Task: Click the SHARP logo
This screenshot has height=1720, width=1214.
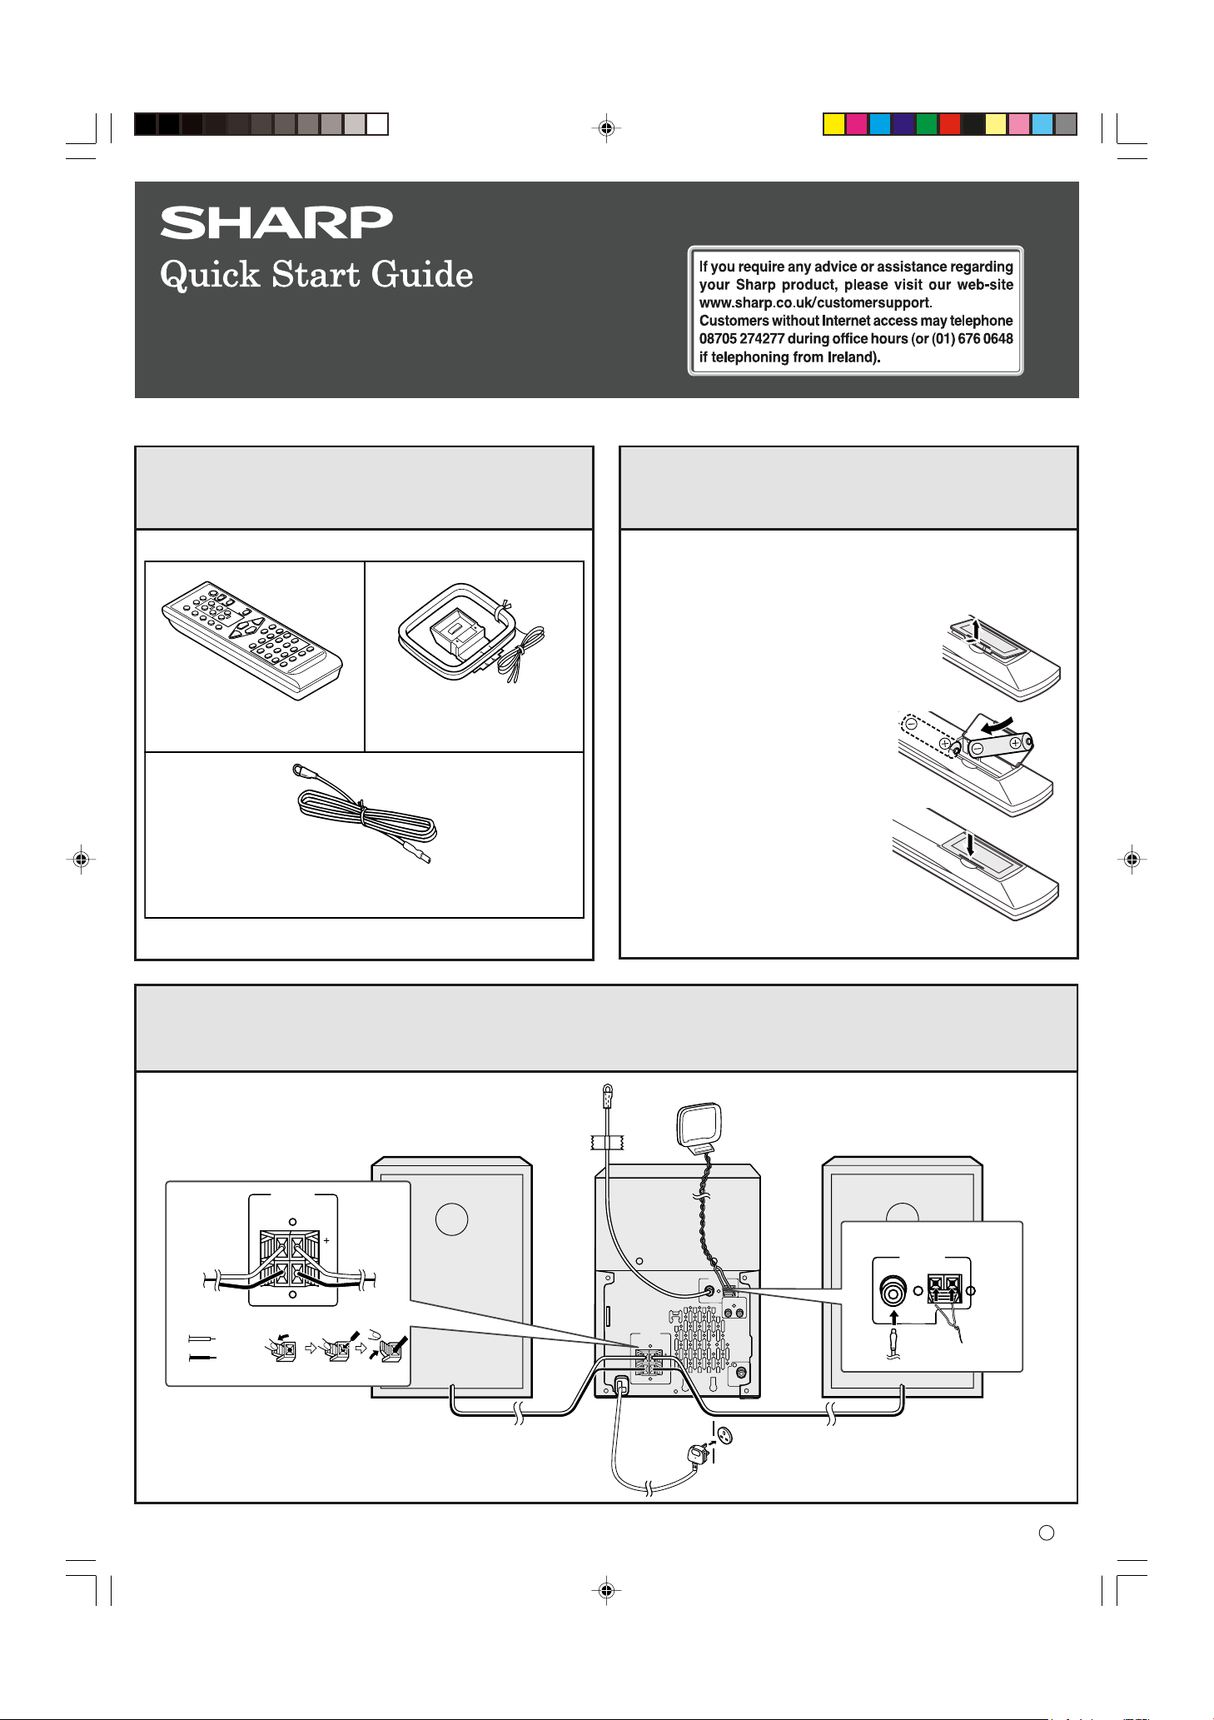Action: point(276,223)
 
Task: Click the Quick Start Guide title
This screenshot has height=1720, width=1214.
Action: point(316,275)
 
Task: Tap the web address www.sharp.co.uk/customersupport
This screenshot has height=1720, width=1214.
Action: point(814,303)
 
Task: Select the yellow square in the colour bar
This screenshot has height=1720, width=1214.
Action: point(833,124)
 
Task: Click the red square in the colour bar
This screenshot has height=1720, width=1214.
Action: point(949,124)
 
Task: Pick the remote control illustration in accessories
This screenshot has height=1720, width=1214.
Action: point(252,641)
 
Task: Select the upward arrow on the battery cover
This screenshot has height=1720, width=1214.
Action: point(976,626)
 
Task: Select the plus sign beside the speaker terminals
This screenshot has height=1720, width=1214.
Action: point(326,1240)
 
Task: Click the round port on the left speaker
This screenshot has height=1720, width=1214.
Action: point(451,1219)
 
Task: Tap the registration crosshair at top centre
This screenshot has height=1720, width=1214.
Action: point(606,128)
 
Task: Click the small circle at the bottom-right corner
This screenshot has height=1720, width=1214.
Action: point(1047,1533)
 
